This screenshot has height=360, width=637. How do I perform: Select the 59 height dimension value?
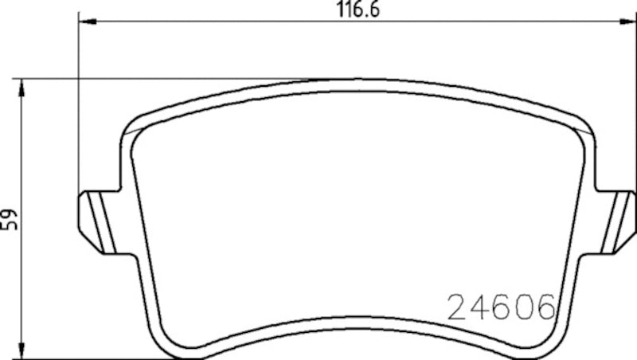click(10, 220)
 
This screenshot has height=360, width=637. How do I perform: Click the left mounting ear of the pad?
click(99, 223)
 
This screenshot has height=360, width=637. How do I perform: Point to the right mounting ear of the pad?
click(617, 223)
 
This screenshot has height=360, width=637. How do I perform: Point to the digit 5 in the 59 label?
click(10, 225)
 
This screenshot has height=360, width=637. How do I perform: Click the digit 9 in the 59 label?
click(10, 213)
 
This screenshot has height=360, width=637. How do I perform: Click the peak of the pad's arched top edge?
click(358, 80)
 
